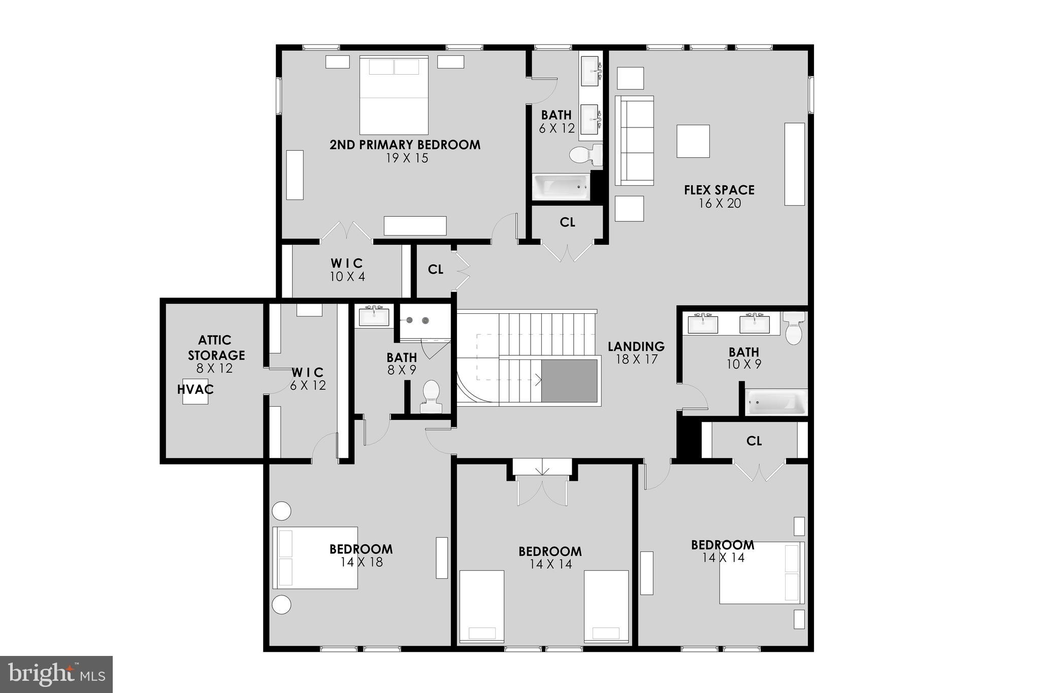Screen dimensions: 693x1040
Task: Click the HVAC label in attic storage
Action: pos(196,389)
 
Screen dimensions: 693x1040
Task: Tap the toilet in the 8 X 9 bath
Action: pos(431,397)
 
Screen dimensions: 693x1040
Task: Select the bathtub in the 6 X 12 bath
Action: pos(561,187)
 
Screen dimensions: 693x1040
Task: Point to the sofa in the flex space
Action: pos(634,140)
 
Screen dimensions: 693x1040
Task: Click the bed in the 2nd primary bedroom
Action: pos(394,95)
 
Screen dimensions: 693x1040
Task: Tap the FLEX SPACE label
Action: pos(719,190)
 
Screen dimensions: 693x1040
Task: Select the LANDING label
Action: pos(636,346)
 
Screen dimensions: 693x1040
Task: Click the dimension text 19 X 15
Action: pos(407,158)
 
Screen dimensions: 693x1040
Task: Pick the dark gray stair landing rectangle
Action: pos(569,381)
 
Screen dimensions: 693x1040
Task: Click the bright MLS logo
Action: pos(56,674)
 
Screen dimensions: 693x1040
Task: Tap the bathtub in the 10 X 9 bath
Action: pos(776,402)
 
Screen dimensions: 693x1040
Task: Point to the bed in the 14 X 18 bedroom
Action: pos(315,557)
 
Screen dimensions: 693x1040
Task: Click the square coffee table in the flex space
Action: pos(693,141)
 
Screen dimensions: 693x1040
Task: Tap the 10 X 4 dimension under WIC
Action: pos(347,277)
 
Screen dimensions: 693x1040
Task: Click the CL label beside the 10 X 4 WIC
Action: pos(436,270)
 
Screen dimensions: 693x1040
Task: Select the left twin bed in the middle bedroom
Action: pos(482,606)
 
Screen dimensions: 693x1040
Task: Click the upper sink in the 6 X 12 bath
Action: pos(590,72)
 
